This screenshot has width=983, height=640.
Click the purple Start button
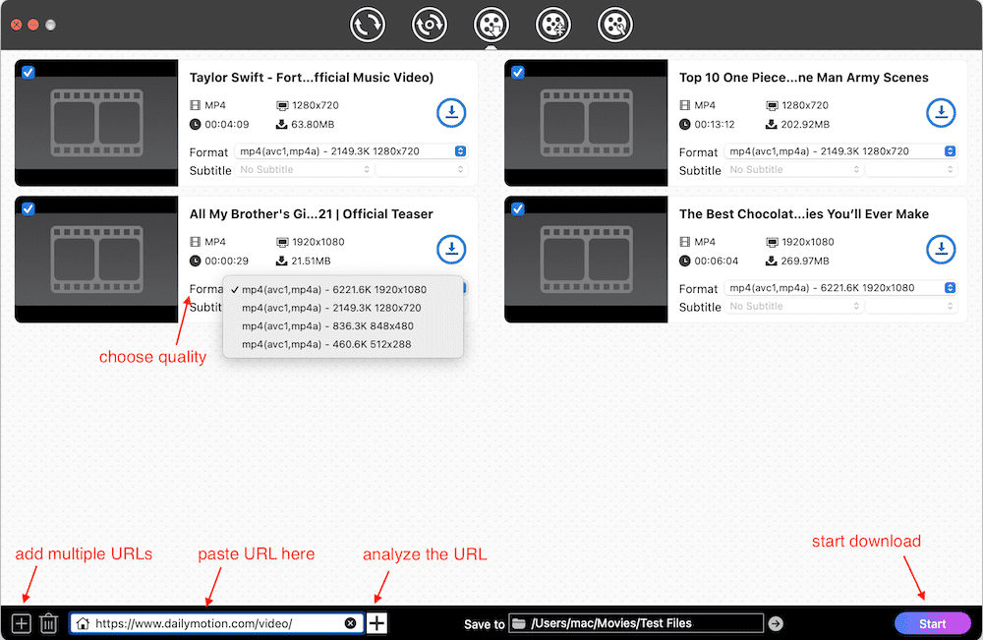click(x=932, y=623)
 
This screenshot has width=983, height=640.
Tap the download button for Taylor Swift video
click(x=451, y=113)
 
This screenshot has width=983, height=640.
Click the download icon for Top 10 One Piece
click(x=941, y=113)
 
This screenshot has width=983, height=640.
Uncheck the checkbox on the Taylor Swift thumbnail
click(x=28, y=72)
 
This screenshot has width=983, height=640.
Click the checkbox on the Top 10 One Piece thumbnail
click(x=517, y=72)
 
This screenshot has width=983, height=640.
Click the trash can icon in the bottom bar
click(x=48, y=623)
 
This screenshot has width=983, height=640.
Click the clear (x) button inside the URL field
click(x=350, y=623)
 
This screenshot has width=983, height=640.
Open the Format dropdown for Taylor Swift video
click(x=351, y=151)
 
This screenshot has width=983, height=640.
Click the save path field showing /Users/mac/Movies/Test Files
click(x=644, y=623)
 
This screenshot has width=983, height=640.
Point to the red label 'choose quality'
click(x=152, y=357)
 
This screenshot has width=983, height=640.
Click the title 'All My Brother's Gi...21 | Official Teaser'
click(x=311, y=214)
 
